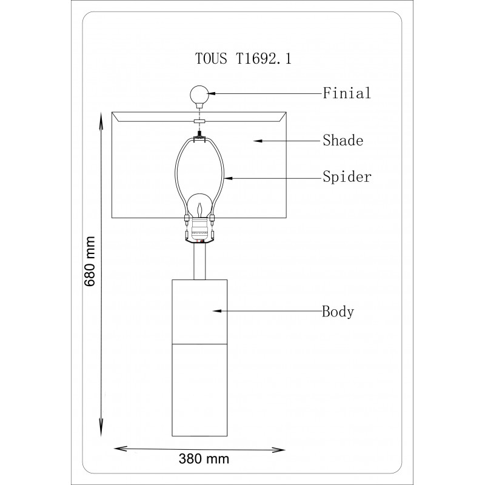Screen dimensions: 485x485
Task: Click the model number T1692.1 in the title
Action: (x=264, y=58)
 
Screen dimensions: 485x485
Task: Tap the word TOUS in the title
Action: (x=211, y=58)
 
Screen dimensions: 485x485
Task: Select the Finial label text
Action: (x=347, y=93)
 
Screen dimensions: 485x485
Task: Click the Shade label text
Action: (x=343, y=141)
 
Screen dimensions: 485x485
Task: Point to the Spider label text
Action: (x=347, y=177)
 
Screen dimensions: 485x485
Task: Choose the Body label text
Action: (x=338, y=312)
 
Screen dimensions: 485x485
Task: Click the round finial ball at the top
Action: (x=199, y=95)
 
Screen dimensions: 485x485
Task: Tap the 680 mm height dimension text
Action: (x=90, y=262)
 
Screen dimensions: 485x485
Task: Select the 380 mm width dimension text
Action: (x=204, y=459)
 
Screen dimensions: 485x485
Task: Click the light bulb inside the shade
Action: (x=200, y=206)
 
